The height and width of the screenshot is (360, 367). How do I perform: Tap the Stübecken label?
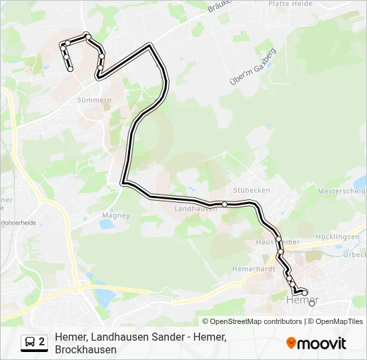(252, 190)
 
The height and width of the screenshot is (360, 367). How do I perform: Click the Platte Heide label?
(290, 4)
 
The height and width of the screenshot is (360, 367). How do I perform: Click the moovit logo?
(316, 343)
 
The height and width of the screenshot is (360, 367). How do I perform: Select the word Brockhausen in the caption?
(86, 349)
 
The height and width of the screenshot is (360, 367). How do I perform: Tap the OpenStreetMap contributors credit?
(256, 321)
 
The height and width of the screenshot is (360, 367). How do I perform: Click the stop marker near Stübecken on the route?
(225, 204)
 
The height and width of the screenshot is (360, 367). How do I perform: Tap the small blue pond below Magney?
(106, 225)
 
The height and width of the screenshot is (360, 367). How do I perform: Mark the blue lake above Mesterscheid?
(360, 181)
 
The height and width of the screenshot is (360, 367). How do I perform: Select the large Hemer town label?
(302, 301)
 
